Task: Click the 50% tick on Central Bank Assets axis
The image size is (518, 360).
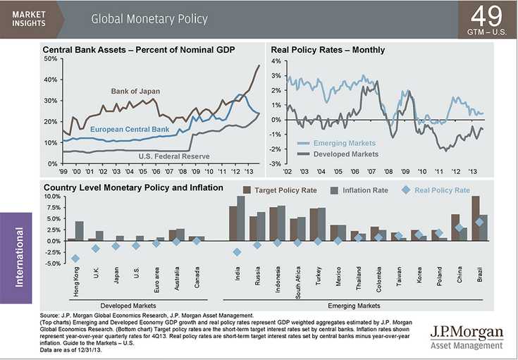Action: pyautogui.click(x=50, y=58)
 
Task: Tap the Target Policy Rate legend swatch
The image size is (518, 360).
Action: pyautogui.click(x=247, y=190)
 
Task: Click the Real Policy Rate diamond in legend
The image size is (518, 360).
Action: pyautogui.click(x=405, y=190)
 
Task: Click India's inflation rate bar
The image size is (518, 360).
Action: pyautogui.click(x=241, y=218)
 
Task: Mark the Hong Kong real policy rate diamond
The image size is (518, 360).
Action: pyautogui.click(x=75, y=259)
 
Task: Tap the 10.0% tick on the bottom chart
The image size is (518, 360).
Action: pyautogui.click(x=51, y=197)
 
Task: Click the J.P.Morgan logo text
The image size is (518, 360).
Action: pyautogui.click(x=467, y=332)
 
